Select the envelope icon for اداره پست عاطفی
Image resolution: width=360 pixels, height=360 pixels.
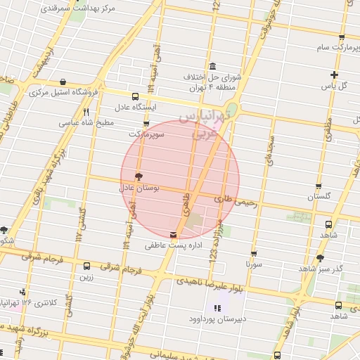point(174,234)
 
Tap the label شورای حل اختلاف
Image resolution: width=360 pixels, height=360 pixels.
point(212,77)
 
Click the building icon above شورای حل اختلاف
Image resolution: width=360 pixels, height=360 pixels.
point(212,65)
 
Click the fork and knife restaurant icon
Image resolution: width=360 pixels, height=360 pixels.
point(86,111)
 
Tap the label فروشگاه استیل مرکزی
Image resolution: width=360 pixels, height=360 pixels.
point(63,92)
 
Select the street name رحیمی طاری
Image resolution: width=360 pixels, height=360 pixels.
point(238,200)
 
